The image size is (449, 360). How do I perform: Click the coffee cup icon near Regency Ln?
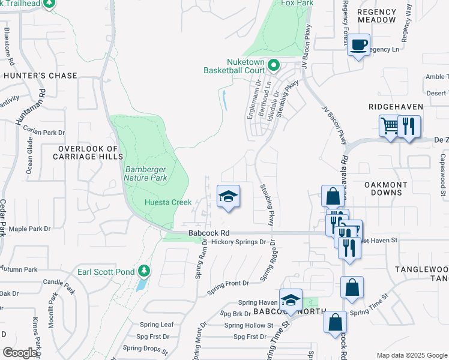click(x=359, y=45)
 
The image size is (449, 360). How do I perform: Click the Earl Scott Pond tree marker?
click(x=143, y=272)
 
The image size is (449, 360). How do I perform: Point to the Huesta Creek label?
click(x=168, y=202)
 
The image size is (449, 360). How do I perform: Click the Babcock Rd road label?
click(x=208, y=232)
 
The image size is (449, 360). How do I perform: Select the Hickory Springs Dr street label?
click(x=238, y=242)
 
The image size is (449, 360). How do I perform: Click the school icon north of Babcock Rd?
click(x=228, y=196)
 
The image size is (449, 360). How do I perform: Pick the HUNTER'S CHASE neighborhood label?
click(x=40, y=76)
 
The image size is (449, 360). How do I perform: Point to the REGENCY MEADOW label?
click(x=377, y=16)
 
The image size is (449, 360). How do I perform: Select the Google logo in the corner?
click(x=20, y=353)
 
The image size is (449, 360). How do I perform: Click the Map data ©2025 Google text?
click(x=411, y=355)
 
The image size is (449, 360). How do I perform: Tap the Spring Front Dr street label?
click(x=228, y=283)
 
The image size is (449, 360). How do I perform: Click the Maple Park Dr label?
click(x=29, y=229)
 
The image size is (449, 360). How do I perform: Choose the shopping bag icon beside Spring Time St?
click(x=352, y=288)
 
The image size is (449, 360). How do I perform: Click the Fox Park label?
click(x=298, y=3)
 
